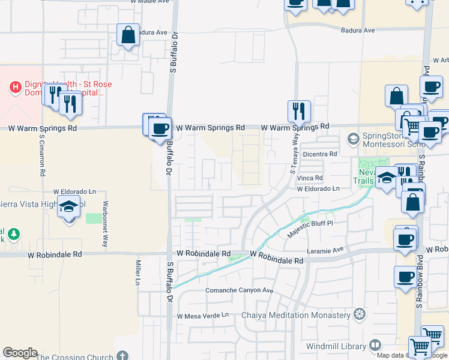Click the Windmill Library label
click(x=335, y=346)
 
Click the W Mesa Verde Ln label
click(x=203, y=316)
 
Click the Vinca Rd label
click(x=310, y=178)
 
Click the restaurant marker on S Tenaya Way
click(x=299, y=110)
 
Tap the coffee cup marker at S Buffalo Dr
click(x=160, y=128)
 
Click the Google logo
click(x=20, y=353)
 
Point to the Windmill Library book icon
click(x=375, y=346)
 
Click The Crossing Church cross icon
click(x=122, y=356)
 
